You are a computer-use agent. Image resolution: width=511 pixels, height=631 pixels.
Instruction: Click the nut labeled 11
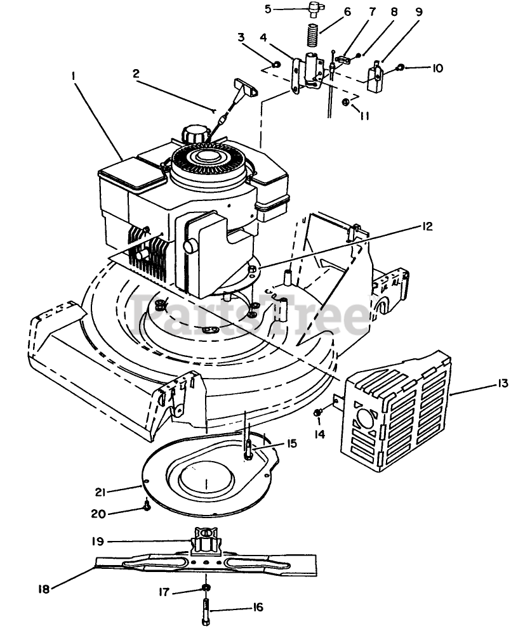pos(345,102)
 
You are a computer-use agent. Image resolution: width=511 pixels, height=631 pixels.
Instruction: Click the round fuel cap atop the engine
pos(194,134)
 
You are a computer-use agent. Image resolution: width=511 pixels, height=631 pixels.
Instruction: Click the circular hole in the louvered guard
pos(366,421)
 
